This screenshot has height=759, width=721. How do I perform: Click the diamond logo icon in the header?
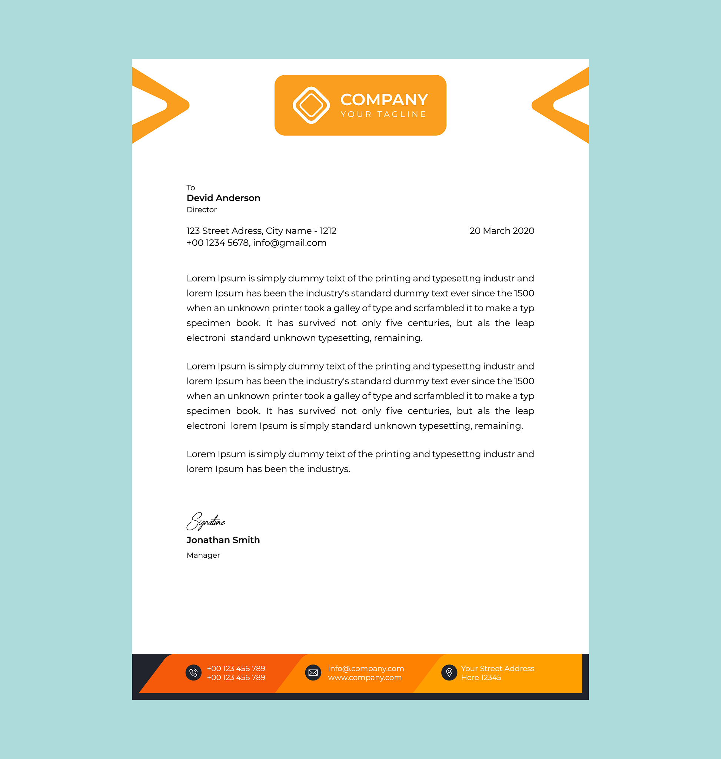pyautogui.click(x=311, y=105)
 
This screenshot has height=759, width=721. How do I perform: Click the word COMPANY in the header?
pyautogui.click(x=384, y=100)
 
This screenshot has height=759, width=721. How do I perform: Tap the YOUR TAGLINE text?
pyautogui.click(x=383, y=114)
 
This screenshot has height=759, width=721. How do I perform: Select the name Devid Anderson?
pyautogui.click(x=223, y=198)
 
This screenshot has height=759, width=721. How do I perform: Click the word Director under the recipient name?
pyautogui.click(x=202, y=209)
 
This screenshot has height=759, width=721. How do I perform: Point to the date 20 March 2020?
pyautogui.click(x=502, y=231)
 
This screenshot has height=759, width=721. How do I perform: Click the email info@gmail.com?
pyautogui.click(x=289, y=243)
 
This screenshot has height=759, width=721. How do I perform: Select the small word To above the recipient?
pyautogui.click(x=191, y=188)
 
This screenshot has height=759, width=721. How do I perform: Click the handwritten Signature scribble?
pyautogui.click(x=206, y=521)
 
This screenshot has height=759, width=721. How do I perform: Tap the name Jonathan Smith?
pyautogui.click(x=223, y=540)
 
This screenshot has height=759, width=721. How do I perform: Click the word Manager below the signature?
pyautogui.click(x=203, y=555)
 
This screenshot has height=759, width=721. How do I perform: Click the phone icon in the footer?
pyautogui.click(x=193, y=673)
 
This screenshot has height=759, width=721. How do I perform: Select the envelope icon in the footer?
pyautogui.click(x=313, y=673)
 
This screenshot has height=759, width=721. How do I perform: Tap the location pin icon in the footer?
pyautogui.click(x=449, y=673)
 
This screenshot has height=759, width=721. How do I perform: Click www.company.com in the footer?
pyautogui.click(x=364, y=677)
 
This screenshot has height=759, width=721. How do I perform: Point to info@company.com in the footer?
pyautogui.click(x=365, y=668)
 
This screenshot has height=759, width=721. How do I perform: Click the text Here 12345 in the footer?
pyautogui.click(x=481, y=677)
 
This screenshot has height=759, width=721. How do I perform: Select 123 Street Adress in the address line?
pyautogui.click(x=224, y=231)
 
